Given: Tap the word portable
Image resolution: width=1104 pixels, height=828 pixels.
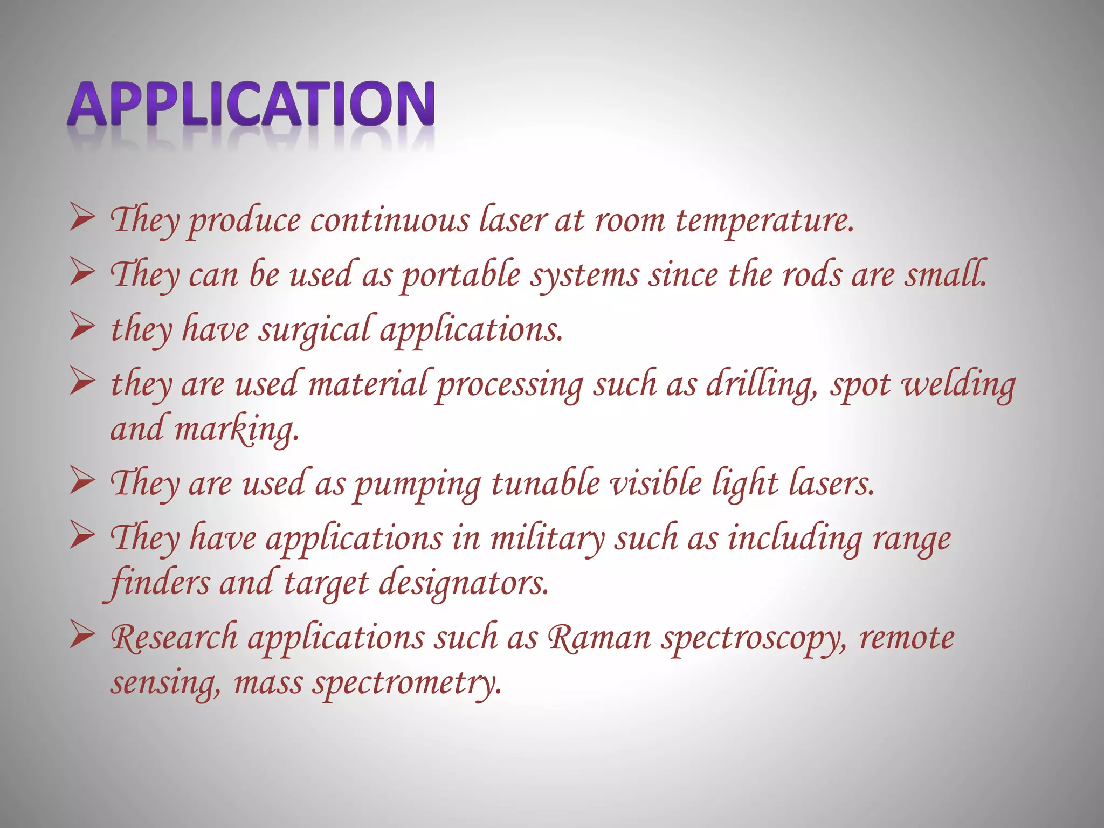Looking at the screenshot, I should (461, 275).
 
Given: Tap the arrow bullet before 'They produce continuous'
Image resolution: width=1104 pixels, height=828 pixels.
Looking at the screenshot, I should (82, 220).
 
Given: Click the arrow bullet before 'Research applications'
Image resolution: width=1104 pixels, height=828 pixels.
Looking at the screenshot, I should (82, 636).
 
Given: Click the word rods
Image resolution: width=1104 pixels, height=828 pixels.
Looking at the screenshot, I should (812, 275).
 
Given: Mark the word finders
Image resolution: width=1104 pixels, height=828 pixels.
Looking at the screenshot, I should (159, 584).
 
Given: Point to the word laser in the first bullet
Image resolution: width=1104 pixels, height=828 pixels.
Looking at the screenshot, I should (513, 221).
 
